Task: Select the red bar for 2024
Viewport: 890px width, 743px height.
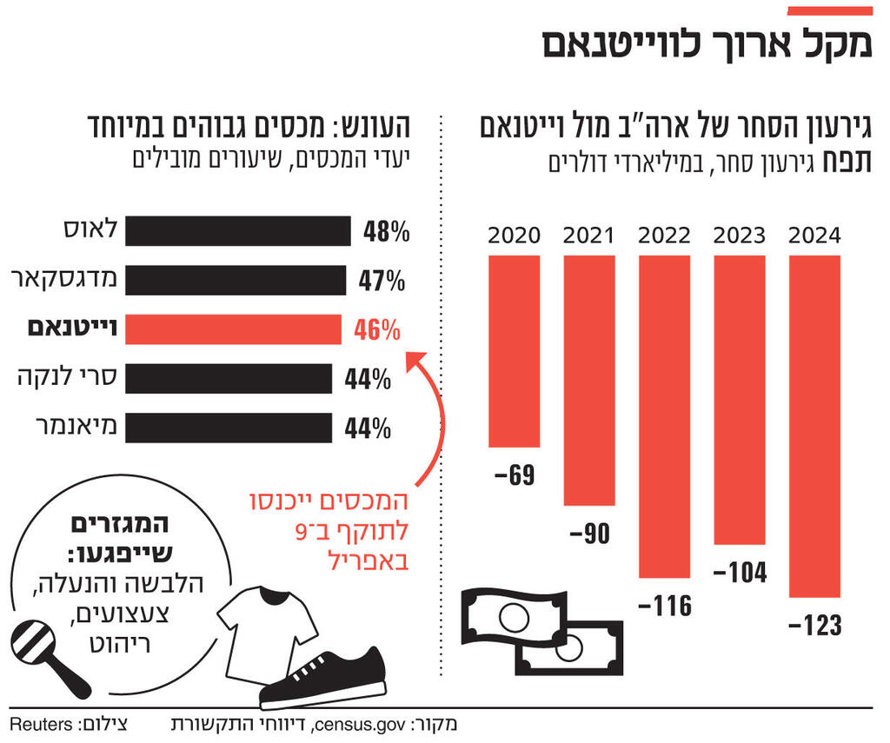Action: click(814, 426)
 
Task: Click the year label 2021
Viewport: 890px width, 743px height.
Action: click(588, 236)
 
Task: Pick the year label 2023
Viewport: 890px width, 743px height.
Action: click(740, 236)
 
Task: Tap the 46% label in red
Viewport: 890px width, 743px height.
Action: click(377, 330)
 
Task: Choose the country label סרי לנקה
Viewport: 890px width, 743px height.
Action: click(69, 378)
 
